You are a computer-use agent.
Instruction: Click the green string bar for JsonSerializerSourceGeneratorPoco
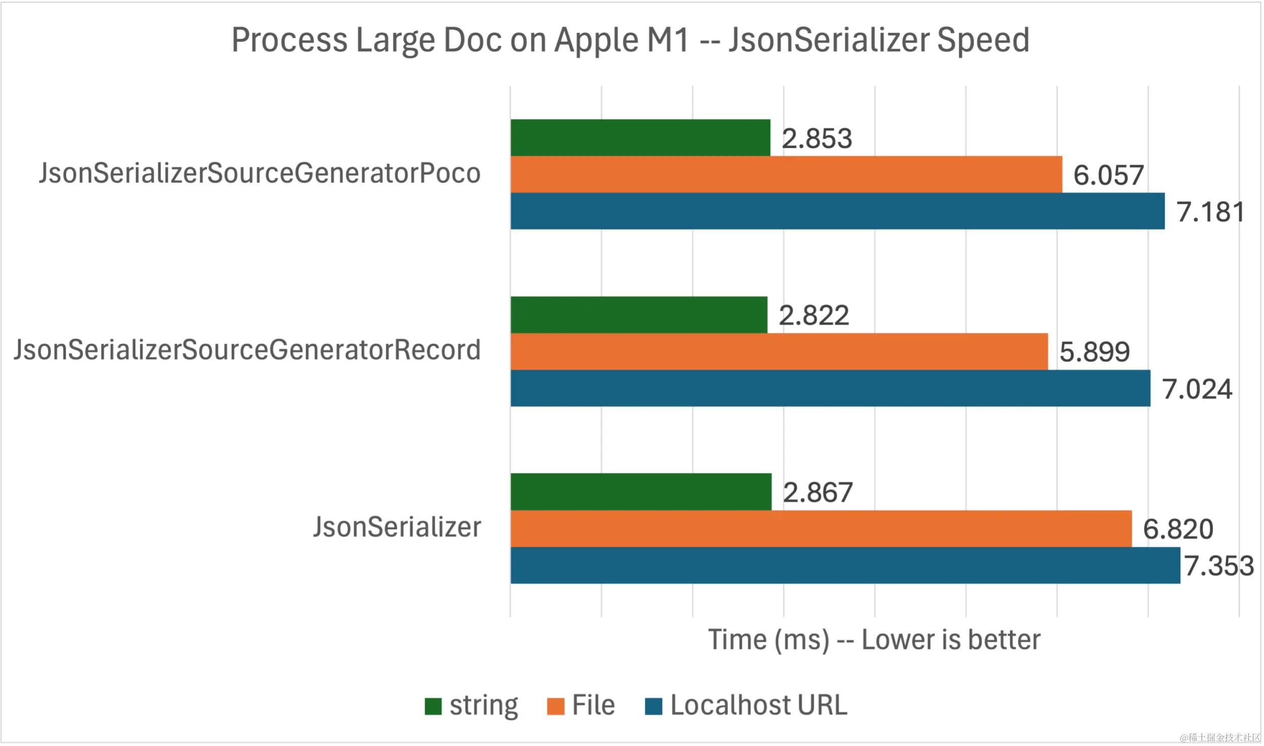coord(640,137)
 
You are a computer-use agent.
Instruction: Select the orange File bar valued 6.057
coord(786,174)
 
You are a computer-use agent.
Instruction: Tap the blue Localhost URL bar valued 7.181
coord(837,211)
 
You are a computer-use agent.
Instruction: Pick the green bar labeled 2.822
coord(639,314)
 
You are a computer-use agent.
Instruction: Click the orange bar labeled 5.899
coord(779,351)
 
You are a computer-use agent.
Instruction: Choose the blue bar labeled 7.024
coord(830,388)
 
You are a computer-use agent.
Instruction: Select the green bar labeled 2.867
coord(641,492)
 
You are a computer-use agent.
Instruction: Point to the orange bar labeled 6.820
coord(821,529)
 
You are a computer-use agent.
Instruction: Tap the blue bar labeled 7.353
coord(845,566)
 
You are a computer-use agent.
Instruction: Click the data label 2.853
coord(817,138)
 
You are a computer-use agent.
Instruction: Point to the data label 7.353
coord(1218,566)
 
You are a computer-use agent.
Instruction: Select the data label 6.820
coord(1178,529)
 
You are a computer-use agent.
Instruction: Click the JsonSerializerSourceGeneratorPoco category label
coord(259,173)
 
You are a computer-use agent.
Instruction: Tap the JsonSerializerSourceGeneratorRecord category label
coord(247,350)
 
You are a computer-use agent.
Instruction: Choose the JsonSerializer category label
coord(397,527)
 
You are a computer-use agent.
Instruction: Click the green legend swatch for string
coord(433,706)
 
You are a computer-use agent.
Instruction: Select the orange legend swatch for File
coord(555,706)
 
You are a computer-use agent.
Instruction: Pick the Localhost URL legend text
coord(758,705)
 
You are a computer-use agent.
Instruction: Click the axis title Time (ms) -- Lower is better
coord(874,640)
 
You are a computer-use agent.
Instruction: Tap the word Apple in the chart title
coord(596,40)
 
